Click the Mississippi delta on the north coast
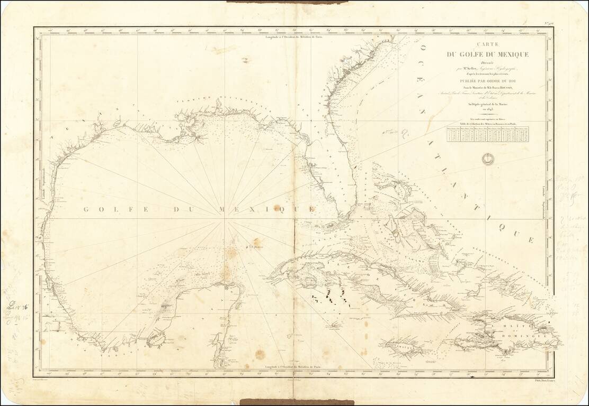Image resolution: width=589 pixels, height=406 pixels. (x=200, y=139)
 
